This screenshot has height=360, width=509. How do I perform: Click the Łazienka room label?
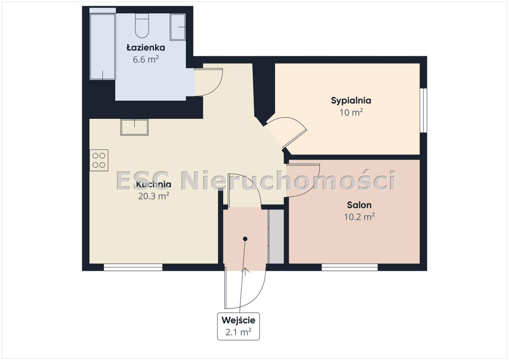[146, 48]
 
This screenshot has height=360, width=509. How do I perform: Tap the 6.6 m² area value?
[146, 60]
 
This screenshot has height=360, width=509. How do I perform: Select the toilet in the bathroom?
[142, 25]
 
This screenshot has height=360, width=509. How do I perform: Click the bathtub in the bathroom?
[103, 47]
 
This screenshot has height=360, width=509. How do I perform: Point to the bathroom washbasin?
[178, 27]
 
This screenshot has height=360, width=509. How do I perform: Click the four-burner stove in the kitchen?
[99, 160]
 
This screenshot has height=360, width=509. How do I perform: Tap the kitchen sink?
[134, 127]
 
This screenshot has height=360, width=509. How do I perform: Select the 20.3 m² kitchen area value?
[153, 196]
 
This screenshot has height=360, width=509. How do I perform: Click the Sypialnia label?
[351, 101]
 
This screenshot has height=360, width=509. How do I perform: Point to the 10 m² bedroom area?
[351, 112]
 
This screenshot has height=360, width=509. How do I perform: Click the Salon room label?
[359, 205]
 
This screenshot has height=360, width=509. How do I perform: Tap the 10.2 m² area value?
[359, 217]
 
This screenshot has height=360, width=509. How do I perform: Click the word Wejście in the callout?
[238, 320]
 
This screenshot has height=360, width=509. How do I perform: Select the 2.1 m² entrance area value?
[238, 332]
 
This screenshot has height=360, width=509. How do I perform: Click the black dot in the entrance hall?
[245, 239]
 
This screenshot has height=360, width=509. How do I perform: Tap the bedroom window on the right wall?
[424, 110]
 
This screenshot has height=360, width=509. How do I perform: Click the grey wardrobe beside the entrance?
[276, 236]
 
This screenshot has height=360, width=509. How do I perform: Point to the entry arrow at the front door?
[245, 271]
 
